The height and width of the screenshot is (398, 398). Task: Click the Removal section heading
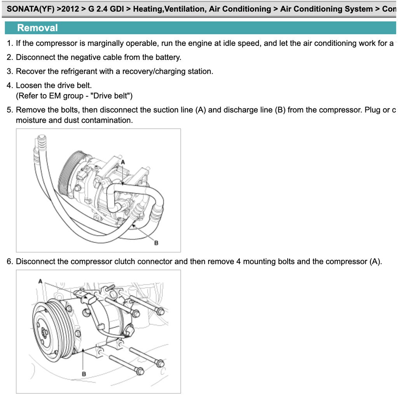pyautogui.click(x=37, y=28)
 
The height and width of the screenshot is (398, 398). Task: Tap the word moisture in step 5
pyautogui.click(x=31, y=120)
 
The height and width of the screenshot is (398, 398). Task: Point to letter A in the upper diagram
pyautogui.click(x=123, y=162)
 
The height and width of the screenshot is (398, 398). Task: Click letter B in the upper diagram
pyautogui.click(x=156, y=243)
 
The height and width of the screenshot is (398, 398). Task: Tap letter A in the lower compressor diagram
pyautogui.click(x=40, y=281)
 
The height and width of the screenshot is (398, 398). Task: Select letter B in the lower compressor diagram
pyautogui.click(x=84, y=374)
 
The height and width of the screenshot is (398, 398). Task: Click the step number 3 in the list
pyautogui.click(x=9, y=71)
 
